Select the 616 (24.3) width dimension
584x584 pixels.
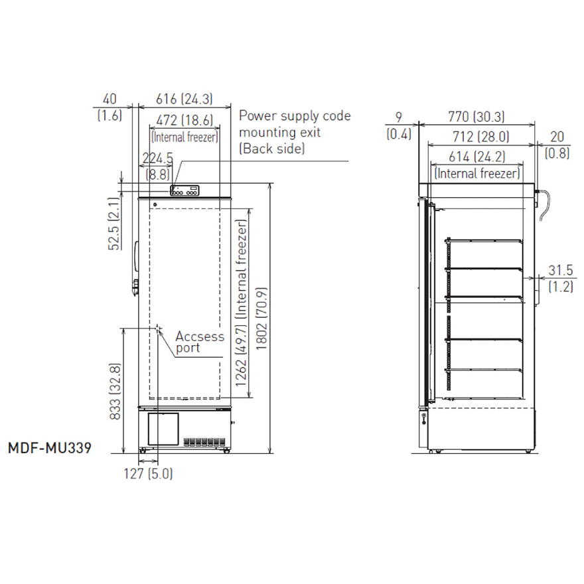pos(184,99)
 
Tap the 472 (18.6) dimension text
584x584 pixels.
pos(184,120)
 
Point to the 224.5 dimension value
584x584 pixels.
pos(157,158)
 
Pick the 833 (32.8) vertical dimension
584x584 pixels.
pos(114,392)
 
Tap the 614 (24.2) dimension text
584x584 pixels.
pos(476,157)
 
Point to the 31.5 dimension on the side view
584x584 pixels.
pos(560,269)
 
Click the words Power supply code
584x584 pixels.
pos(295,116)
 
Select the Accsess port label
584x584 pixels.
pos(199,342)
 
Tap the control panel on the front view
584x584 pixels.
pos(184,191)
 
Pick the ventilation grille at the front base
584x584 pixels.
pos(204,441)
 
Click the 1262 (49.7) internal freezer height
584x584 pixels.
pos(242,305)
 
